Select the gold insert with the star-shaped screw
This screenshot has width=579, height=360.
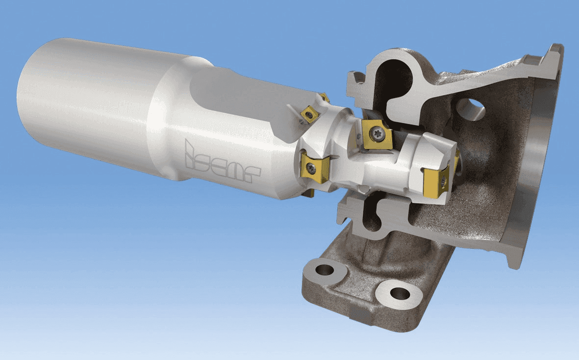pyautogui.click(x=377, y=134)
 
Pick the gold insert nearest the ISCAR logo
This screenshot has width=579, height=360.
pyautogui.click(x=315, y=168)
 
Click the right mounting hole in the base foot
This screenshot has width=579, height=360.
pyautogui.click(x=400, y=294)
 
